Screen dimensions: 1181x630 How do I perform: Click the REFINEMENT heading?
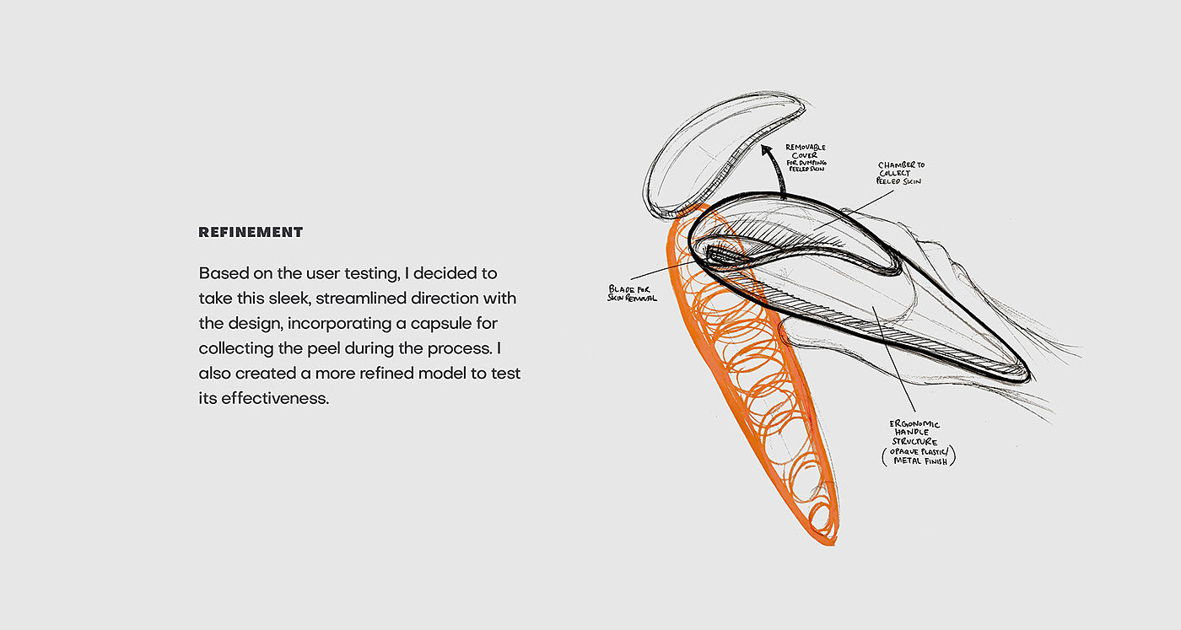coord(251,232)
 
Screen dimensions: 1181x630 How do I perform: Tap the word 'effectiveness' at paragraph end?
coord(274,398)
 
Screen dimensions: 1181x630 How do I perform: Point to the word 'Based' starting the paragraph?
coord(222,274)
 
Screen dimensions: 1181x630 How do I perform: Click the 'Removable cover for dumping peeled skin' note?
coord(806,159)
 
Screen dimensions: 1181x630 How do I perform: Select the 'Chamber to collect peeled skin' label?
coord(901,174)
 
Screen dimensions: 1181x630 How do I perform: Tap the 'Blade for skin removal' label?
coord(632,293)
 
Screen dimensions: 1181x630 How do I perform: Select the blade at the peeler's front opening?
coord(721,254)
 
